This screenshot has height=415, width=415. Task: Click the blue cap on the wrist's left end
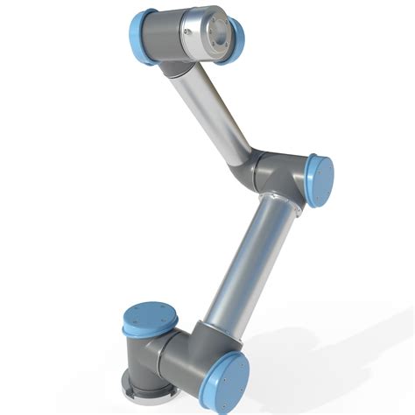pos(143,37)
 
